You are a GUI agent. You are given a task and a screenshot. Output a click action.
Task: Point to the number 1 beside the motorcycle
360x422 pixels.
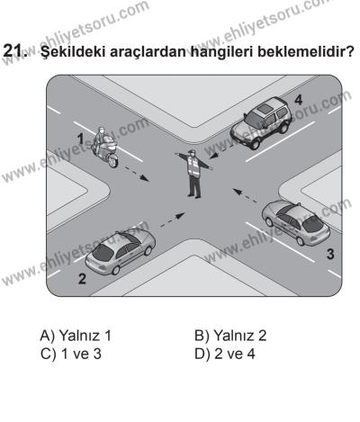click(79, 138)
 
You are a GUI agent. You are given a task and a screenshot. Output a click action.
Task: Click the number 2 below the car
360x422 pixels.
click(83, 279)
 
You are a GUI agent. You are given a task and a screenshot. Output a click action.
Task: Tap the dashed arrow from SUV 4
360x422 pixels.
click(228, 153)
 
